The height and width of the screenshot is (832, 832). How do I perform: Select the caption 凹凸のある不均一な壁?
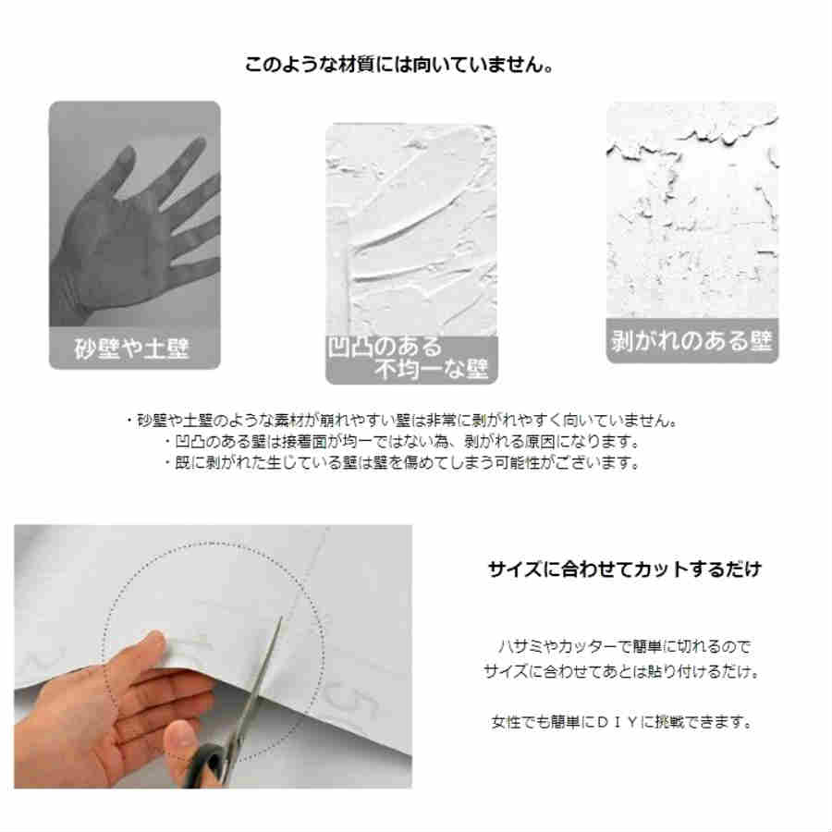411,359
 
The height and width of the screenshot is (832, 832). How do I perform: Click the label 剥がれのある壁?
691,340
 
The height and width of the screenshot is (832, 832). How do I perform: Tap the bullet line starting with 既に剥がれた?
400,463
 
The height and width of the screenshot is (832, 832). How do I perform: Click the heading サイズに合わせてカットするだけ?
625,569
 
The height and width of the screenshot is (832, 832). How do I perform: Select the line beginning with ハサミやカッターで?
625,647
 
